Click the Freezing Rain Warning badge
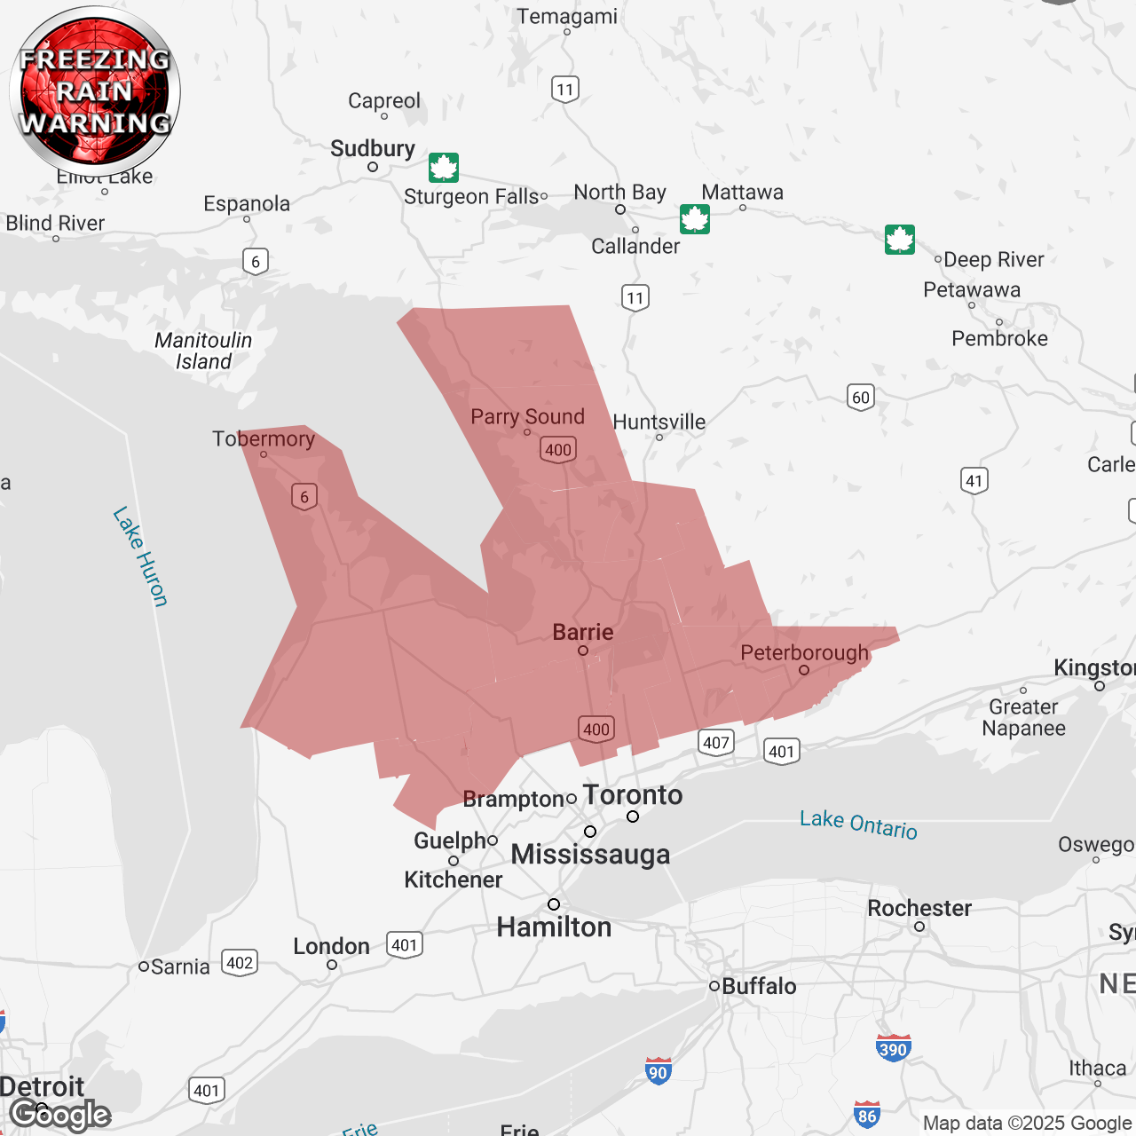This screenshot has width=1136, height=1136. point(95,91)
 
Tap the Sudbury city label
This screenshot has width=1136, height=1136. point(373,149)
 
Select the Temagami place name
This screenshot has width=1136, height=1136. point(567,17)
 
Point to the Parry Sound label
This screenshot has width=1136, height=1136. point(527,417)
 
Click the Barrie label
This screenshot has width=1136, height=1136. point(583,632)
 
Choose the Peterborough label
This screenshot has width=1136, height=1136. point(804,653)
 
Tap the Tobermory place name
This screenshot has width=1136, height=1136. point(264,439)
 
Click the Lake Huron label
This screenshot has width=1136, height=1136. point(140,556)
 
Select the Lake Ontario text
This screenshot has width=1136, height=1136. point(858,824)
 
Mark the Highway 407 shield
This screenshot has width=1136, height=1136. point(716,743)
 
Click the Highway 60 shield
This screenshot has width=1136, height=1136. point(861,397)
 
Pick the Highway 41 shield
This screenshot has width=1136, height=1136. point(974,481)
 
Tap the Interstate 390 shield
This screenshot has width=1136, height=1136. point(893,1048)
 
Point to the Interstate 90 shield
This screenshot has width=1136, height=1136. point(658,1071)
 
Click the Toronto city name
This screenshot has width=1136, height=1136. point(633,795)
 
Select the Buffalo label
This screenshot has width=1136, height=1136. point(759,986)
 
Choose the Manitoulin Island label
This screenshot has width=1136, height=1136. point(203,351)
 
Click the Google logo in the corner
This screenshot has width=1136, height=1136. point(60,1115)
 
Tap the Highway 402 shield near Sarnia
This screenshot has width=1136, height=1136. point(239,963)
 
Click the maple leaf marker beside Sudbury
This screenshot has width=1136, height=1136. point(444,167)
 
